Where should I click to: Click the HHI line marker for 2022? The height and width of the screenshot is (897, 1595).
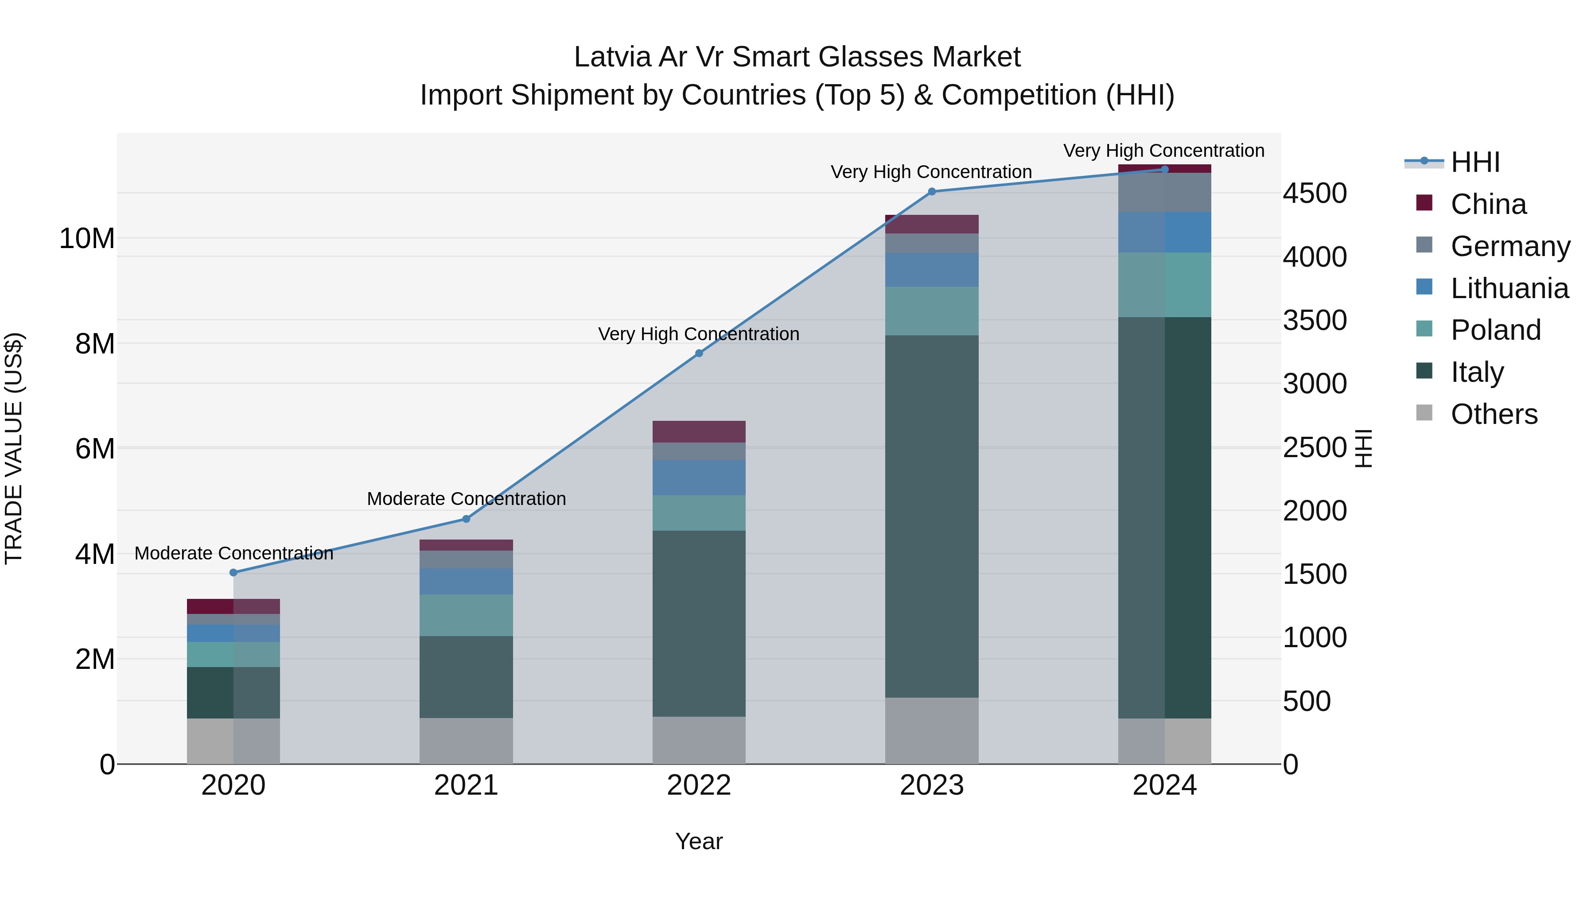[699, 353]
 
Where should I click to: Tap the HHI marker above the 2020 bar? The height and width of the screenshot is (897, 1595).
[233, 573]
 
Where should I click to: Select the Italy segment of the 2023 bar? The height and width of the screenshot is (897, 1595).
[931, 516]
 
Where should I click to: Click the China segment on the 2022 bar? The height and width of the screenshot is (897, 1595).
[699, 431]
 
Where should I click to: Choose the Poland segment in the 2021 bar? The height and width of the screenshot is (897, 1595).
[466, 615]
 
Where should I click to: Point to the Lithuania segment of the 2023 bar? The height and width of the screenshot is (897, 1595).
[931, 269]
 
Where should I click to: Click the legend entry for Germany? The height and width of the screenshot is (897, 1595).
[1509, 246]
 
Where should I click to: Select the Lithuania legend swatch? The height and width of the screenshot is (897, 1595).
[1424, 287]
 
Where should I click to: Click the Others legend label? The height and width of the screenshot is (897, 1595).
[1494, 414]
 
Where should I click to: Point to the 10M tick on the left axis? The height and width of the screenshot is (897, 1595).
[87, 238]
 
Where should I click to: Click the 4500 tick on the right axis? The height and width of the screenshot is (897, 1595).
[1314, 193]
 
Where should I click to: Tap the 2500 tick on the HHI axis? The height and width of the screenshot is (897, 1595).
[1314, 447]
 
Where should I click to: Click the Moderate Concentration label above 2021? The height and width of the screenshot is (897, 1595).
[466, 498]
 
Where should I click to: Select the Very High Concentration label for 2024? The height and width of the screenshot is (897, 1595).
[1163, 151]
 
